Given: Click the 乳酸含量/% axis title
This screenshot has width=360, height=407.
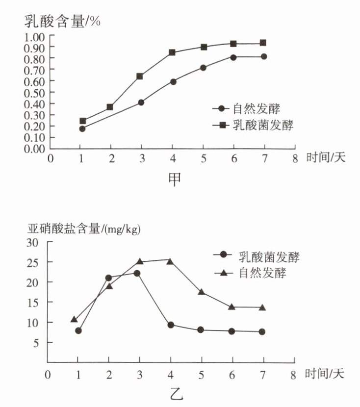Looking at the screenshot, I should point(62,22).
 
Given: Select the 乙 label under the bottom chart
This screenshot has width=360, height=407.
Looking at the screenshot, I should point(176,393).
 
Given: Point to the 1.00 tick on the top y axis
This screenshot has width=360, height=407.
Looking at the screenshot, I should point(35,36).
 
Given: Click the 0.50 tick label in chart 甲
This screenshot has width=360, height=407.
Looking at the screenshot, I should point(35,93).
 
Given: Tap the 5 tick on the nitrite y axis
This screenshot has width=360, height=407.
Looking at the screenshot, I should point(35,343).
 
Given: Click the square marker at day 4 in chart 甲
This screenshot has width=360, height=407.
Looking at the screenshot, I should point(173,52).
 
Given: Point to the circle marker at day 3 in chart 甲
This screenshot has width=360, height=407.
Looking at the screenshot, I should point(141,102).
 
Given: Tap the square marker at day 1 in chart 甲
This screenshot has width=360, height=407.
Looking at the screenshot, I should point(82,121).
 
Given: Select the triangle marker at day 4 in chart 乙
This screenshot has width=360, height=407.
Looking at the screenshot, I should point(170,261).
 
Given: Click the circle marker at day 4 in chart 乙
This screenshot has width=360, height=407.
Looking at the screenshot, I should point(171,325).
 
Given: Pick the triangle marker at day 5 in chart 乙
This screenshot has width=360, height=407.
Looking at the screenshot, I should point(201,292).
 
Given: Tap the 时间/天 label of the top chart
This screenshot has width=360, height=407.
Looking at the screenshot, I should point(325,158).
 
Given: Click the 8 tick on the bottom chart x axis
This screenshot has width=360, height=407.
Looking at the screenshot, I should point(293,375).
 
